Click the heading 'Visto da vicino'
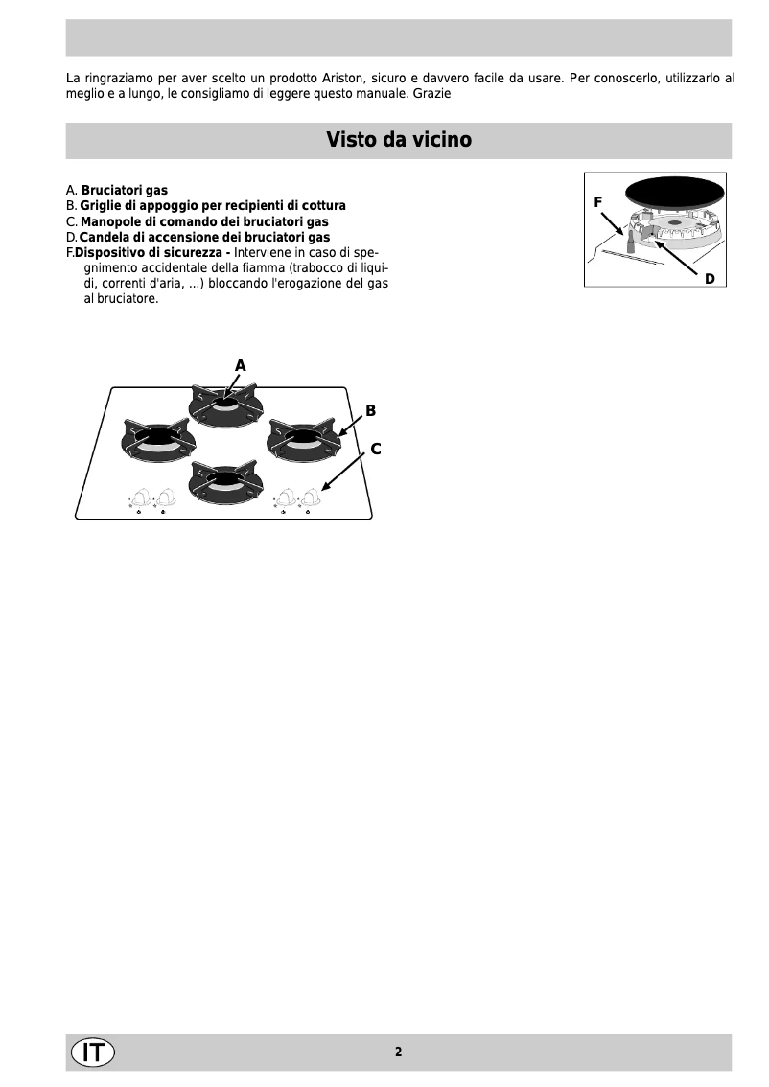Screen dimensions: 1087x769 pyautogui.click(x=398, y=140)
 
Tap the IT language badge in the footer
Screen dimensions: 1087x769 pyautogui.click(x=92, y=1052)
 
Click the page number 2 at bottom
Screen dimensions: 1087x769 pyautogui.click(x=398, y=1052)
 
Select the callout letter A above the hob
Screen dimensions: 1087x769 pyautogui.click(x=241, y=365)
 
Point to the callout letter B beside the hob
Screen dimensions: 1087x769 pyautogui.click(x=370, y=410)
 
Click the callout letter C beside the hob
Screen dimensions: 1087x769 pyautogui.click(x=376, y=448)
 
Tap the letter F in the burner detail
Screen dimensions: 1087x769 pyautogui.click(x=597, y=202)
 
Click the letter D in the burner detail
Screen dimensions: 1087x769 pyautogui.click(x=710, y=278)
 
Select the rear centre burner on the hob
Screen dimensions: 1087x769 pyautogui.click(x=225, y=405)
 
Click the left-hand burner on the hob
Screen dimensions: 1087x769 pyautogui.click(x=156, y=439)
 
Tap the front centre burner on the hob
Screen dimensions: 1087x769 pyautogui.click(x=225, y=478)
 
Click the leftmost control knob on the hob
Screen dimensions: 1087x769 pyautogui.click(x=141, y=497)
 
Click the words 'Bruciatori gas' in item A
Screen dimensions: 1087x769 pyautogui.click(x=124, y=191)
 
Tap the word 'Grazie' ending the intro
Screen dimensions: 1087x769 pyautogui.click(x=432, y=95)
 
